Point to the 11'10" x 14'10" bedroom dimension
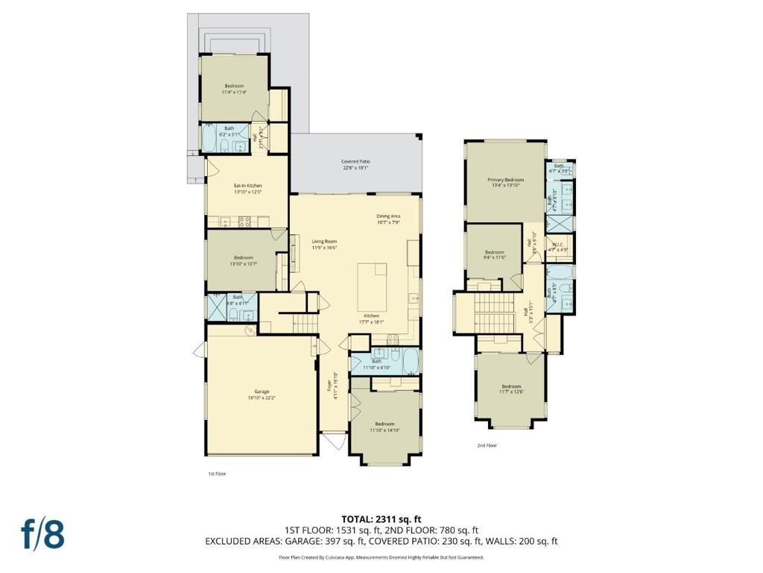point(384,430)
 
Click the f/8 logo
point(42,534)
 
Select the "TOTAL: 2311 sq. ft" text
point(381,519)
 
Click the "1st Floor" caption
point(216,474)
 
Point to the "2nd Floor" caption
point(487,445)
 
